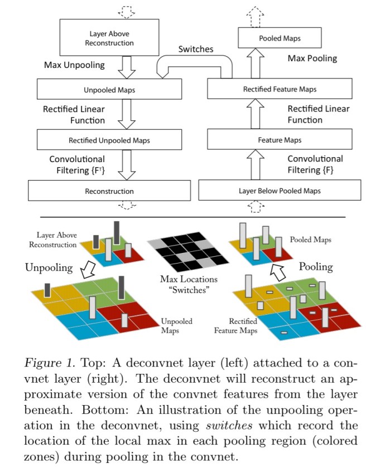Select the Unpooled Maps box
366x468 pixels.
click(x=109, y=90)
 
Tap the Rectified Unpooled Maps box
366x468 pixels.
click(x=109, y=140)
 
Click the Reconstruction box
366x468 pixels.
click(x=109, y=191)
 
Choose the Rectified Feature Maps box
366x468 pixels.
click(x=279, y=88)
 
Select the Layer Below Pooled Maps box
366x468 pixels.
click(x=279, y=191)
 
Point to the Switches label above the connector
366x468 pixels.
click(x=195, y=49)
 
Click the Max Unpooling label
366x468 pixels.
click(x=74, y=65)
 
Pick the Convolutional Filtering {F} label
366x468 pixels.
click(x=315, y=164)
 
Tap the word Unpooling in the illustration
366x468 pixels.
click(x=49, y=267)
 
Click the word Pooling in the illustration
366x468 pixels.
click(x=316, y=266)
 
